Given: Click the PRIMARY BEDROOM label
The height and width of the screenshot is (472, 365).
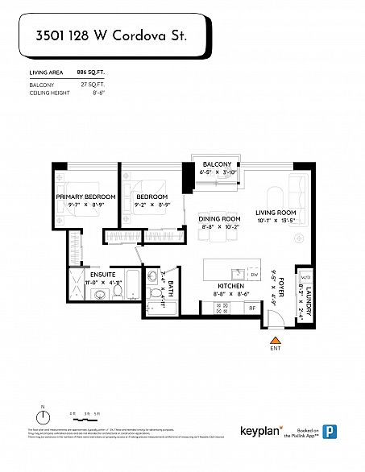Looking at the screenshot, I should coord(85,197).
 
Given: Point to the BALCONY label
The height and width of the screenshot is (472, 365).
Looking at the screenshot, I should coord(217,164).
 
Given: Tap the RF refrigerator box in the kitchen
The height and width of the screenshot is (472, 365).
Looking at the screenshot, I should coord(251,308).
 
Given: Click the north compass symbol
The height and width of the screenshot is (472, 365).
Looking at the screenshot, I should coord(43,416).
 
